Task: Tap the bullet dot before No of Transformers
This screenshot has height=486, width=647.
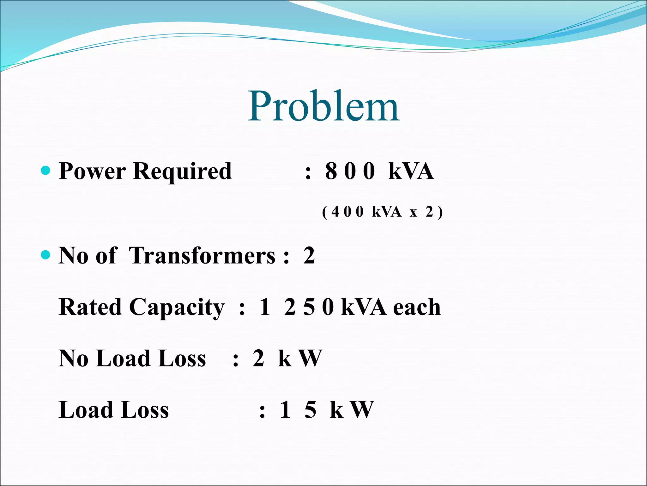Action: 46,255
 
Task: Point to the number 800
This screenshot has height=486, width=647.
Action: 350,171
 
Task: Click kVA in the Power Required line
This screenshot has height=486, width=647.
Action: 411,171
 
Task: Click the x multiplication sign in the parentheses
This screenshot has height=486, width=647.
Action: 413,212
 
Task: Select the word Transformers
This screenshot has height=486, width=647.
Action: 202,255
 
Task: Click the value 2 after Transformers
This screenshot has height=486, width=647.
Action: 309,255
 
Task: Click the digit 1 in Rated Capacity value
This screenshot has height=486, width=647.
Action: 265,307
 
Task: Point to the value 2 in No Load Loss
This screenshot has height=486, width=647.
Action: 258,358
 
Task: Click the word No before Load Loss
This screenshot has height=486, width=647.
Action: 73,358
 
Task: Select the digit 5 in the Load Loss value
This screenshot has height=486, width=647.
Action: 310,410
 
